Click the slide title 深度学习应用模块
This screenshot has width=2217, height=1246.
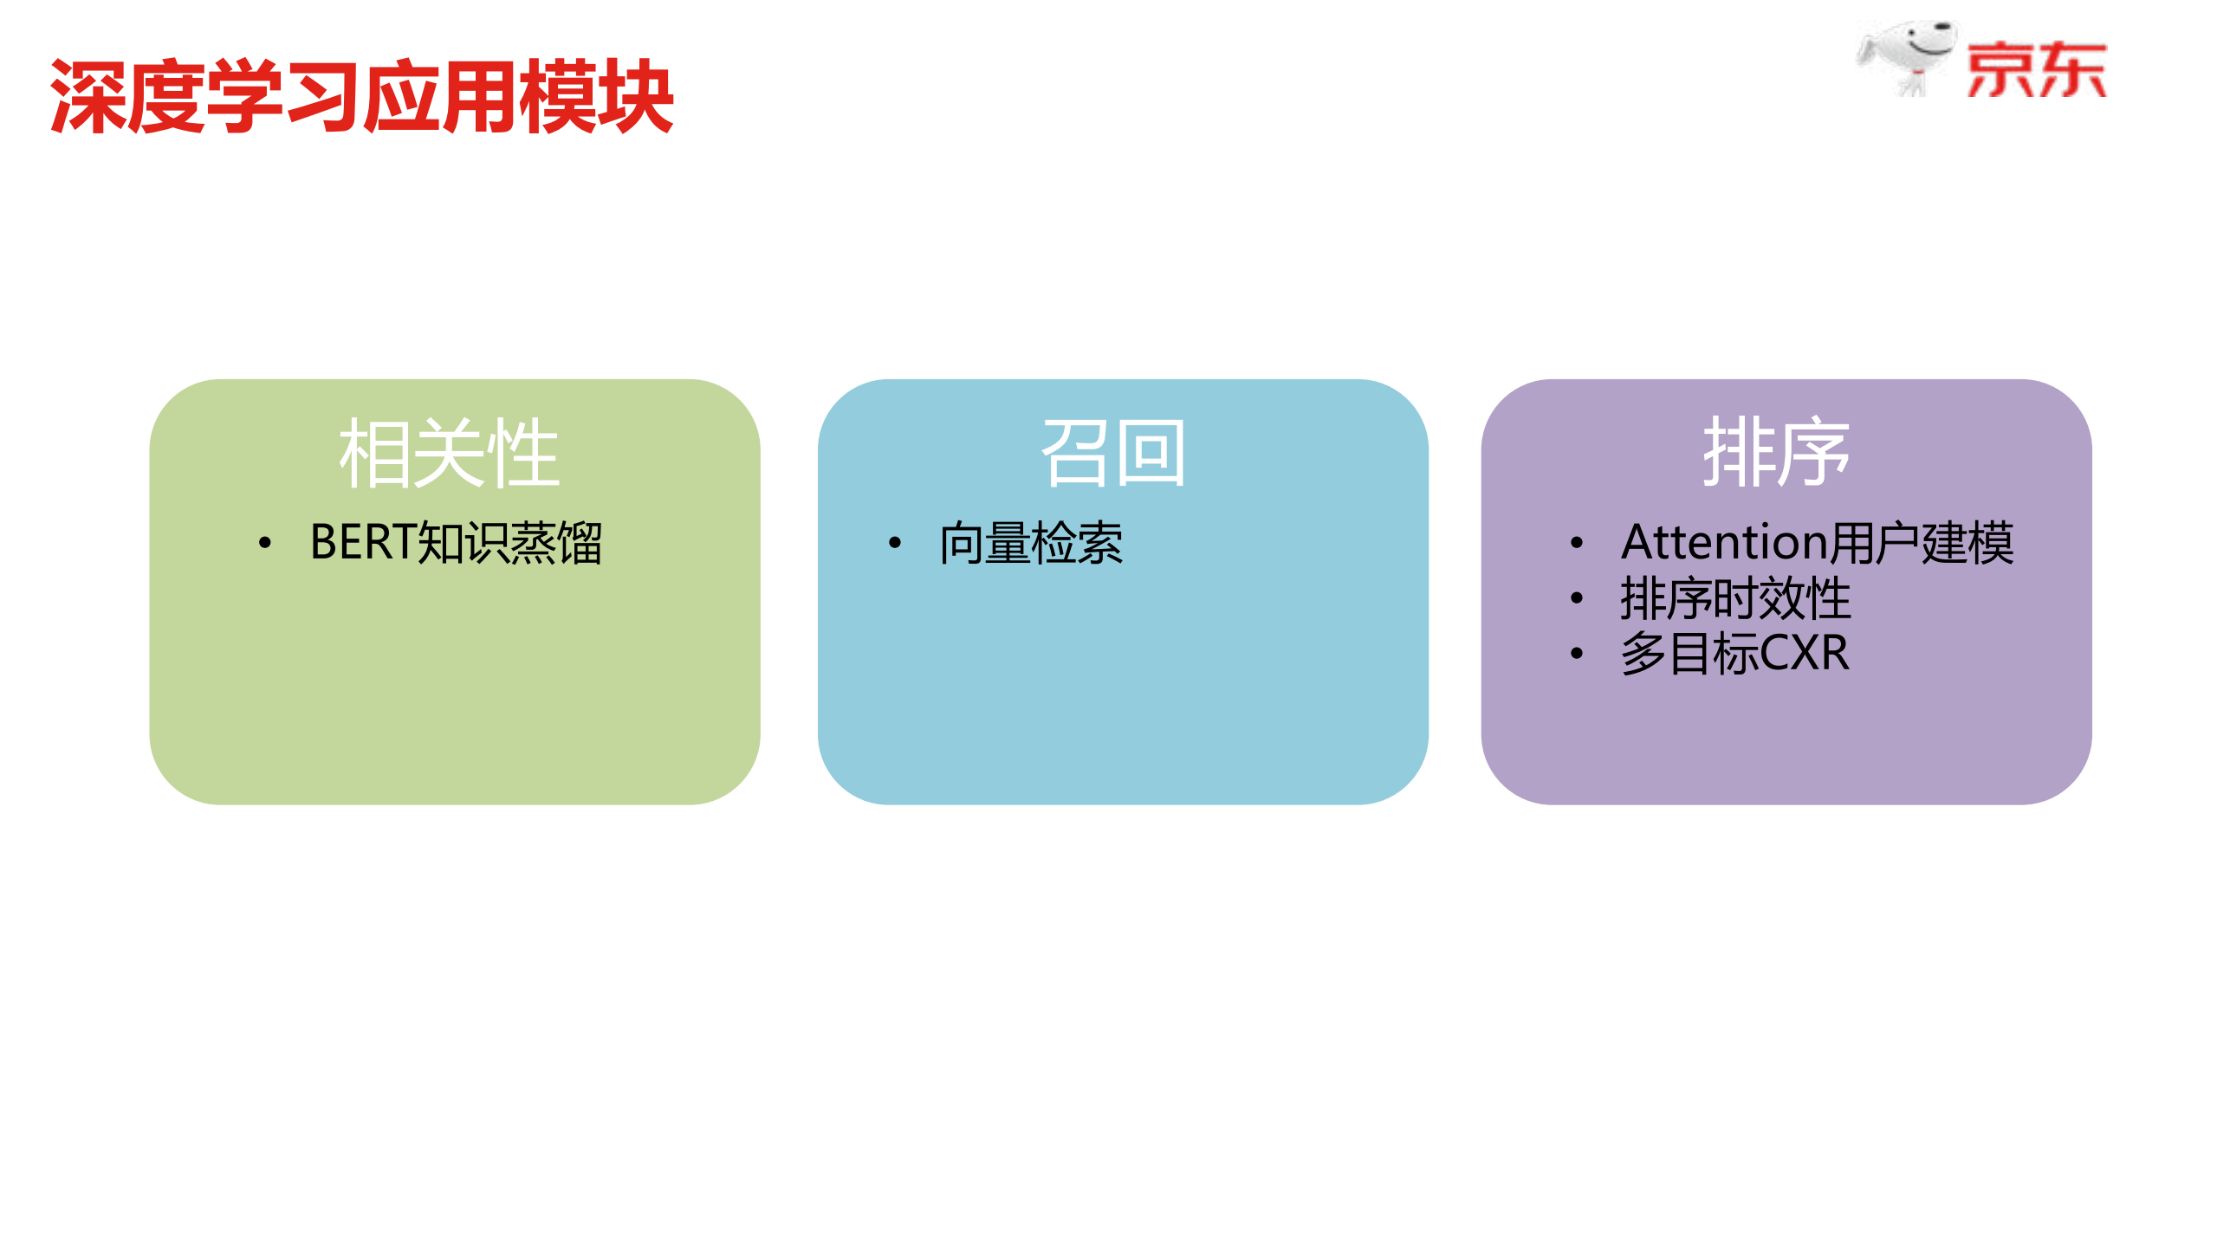(x=362, y=97)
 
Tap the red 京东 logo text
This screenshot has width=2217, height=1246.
(x=2036, y=70)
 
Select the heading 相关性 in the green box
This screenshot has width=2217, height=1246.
(x=449, y=453)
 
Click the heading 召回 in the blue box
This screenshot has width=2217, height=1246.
(x=1113, y=453)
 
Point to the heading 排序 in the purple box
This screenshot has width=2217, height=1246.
(x=1776, y=453)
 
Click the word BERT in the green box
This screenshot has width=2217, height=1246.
(x=363, y=543)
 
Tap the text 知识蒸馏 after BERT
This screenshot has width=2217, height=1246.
(x=509, y=544)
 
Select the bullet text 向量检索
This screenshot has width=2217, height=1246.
(x=1031, y=544)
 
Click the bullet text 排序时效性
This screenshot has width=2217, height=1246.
(x=1735, y=598)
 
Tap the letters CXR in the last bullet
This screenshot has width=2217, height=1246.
(x=1805, y=653)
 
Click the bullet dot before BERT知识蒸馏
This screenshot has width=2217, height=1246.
(x=265, y=544)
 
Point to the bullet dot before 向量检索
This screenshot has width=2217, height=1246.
(x=895, y=544)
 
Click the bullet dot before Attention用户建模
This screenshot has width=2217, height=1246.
(x=1577, y=544)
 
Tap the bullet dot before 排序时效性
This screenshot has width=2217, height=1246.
(x=1577, y=598)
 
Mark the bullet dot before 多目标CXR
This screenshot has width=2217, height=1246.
(x=1577, y=654)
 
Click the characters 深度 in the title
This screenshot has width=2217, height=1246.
(x=128, y=97)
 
